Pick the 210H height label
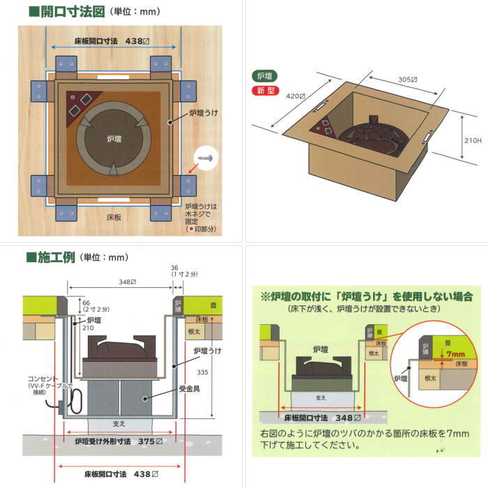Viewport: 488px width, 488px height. [x=473, y=140]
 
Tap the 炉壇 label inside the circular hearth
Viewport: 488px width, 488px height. [x=116, y=139]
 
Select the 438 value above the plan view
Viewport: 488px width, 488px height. [x=133, y=41]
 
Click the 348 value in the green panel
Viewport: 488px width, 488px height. [x=342, y=418]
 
